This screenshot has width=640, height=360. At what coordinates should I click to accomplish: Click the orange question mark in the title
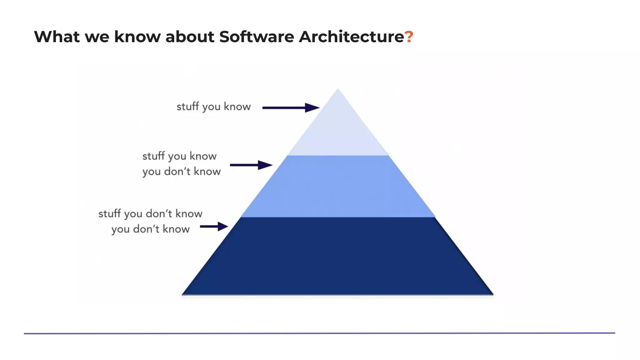pyautogui.click(x=409, y=37)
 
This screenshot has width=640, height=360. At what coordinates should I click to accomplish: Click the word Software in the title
pyautogui.click(x=256, y=37)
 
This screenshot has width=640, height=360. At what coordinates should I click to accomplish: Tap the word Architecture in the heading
pyautogui.click(x=351, y=37)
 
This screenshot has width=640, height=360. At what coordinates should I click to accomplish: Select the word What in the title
pyautogui.click(x=57, y=37)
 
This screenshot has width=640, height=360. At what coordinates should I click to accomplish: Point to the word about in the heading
pyautogui.click(x=190, y=37)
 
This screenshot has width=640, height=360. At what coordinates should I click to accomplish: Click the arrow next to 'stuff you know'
pyautogui.click(x=291, y=108)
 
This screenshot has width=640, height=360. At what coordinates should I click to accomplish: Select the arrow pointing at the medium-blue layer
pyautogui.click(x=251, y=165)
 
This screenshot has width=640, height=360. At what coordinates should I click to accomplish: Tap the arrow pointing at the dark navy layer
pyautogui.click(x=214, y=227)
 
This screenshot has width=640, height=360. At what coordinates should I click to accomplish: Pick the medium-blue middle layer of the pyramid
pyautogui.click(x=338, y=187)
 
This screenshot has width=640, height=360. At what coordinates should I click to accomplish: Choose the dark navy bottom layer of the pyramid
pyautogui.click(x=338, y=256)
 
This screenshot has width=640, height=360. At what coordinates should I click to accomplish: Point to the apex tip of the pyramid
pyautogui.click(x=338, y=90)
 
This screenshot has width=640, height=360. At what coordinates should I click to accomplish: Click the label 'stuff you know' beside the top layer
pyautogui.click(x=213, y=107)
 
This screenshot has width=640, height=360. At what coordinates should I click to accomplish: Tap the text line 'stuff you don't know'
pyautogui.click(x=150, y=214)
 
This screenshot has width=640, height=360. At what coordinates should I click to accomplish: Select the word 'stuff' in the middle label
pyautogui.click(x=153, y=156)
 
